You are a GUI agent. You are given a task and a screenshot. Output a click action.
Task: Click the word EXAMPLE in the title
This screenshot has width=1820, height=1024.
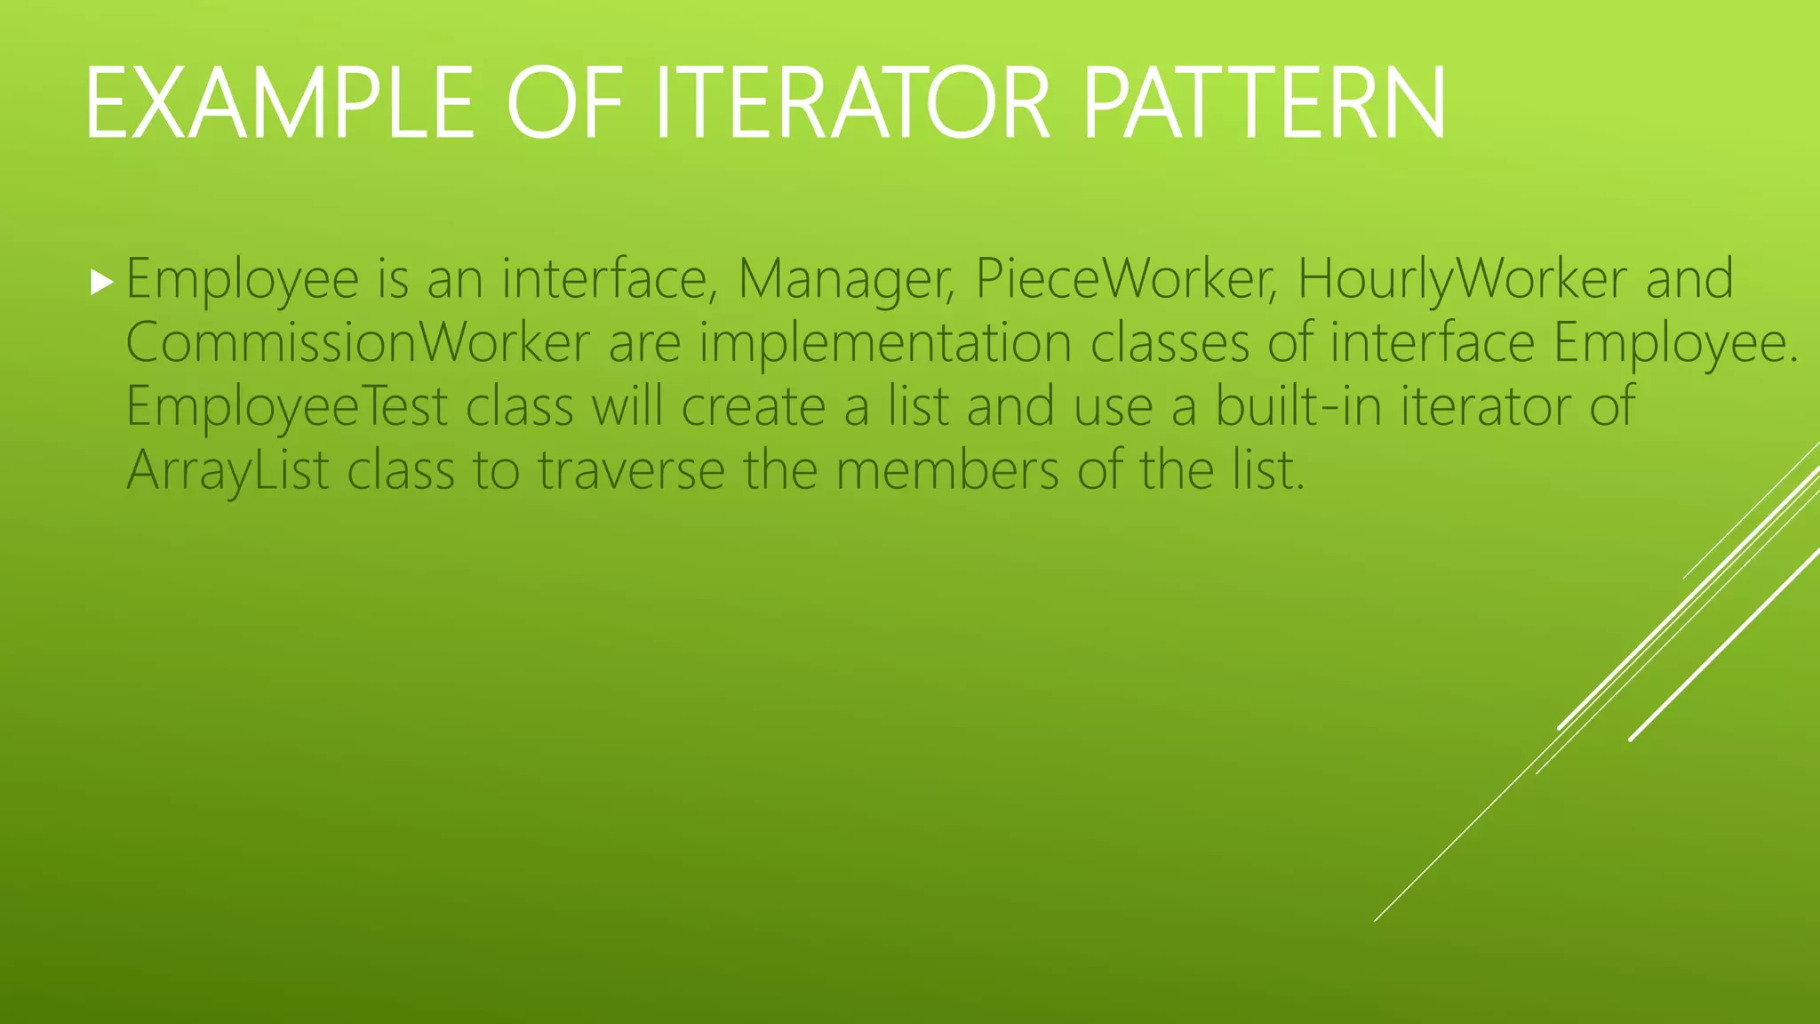[280, 104]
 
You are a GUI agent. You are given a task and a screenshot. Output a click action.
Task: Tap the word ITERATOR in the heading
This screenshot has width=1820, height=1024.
[852, 104]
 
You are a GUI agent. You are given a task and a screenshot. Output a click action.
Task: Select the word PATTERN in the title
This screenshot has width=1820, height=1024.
[1265, 104]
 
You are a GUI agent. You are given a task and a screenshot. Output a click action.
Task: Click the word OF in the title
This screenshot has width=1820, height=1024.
[564, 104]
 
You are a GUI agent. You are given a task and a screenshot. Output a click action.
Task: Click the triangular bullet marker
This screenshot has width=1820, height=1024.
[102, 284]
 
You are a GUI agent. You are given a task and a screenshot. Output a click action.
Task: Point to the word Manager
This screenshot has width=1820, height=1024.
[845, 280]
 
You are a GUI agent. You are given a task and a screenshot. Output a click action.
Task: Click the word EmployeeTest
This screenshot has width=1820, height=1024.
[287, 407]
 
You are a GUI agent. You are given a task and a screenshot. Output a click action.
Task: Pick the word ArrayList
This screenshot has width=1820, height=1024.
[227, 471]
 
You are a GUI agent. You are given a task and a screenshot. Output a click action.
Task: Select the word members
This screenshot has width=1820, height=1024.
[947, 471]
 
